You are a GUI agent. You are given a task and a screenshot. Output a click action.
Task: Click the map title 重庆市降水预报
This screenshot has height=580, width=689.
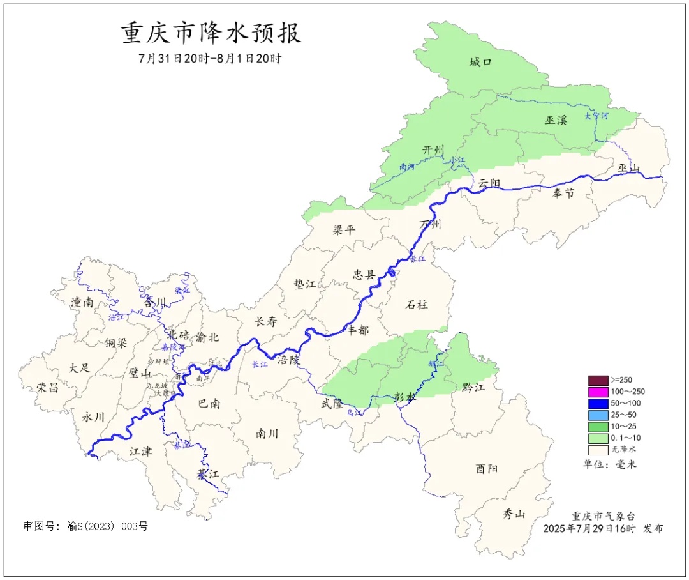tap(211, 33)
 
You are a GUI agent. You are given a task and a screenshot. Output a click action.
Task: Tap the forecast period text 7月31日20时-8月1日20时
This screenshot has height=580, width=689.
tap(210, 58)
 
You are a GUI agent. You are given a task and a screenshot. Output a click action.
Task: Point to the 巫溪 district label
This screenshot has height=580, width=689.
tap(556, 119)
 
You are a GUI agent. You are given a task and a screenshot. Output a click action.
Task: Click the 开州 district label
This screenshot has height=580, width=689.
tap(433, 149)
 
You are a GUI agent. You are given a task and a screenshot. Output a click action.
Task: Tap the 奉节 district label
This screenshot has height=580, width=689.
tap(563, 192)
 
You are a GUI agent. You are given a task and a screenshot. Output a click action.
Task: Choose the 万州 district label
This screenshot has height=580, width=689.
tap(430, 225)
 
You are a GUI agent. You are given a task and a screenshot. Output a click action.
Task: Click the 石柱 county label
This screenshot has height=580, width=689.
tap(417, 305)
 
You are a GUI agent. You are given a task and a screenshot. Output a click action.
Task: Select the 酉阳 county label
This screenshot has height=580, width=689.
tap(487, 469)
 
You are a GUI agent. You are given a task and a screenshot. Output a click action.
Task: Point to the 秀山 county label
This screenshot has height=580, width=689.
tap(514, 514)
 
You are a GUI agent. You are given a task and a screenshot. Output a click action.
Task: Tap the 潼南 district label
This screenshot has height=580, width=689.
tap(82, 303)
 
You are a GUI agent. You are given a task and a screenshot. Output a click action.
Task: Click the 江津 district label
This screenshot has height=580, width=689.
tap(141, 452)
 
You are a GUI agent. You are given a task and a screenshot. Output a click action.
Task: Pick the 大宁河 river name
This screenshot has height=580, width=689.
tap(596, 116)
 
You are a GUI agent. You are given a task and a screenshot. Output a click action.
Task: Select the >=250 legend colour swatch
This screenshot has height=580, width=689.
tap(598, 380)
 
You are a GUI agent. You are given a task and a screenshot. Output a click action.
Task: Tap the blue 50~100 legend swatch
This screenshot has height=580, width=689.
tap(598, 403)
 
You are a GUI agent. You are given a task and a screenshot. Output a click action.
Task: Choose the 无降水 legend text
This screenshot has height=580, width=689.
tap(623, 450)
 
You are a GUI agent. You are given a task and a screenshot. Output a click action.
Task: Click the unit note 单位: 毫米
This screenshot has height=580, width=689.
tap(609, 464)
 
